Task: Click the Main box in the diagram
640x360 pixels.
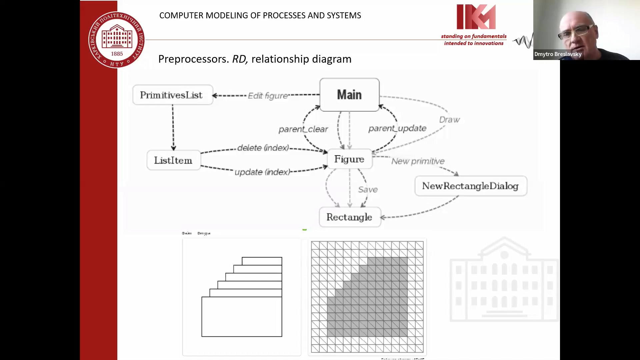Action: click(349, 95)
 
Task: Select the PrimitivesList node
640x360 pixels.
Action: click(172, 95)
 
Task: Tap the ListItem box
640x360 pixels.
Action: click(173, 160)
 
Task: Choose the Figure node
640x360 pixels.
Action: click(349, 159)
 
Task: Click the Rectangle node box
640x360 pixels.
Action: click(349, 217)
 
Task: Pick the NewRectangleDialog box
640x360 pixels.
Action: click(470, 186)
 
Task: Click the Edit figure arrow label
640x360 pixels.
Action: click(268, 96)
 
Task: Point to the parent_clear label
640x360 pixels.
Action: click(303, 129)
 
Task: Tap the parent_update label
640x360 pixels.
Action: click(397, 128)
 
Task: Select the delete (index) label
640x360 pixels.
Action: click(263, 148)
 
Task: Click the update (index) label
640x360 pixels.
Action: click(262, 172)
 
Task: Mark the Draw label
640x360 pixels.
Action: click(449, 120)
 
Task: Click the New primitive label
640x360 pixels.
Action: click(418, 161)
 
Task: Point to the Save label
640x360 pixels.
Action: click(368, 190)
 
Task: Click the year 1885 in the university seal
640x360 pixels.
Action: click(117, 54)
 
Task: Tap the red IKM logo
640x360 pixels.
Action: click(476, 17)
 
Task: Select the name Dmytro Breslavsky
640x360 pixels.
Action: click(558, 54)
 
